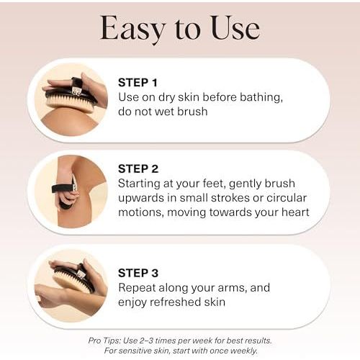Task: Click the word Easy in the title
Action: point(133,29)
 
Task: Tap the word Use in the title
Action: point(235,27)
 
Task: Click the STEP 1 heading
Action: point(138,83)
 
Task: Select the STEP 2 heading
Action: point(138,169)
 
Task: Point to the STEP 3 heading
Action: point(138,273)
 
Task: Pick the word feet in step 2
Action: point(214,184)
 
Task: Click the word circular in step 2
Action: point(287,198)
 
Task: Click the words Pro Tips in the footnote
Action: point(104,341)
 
